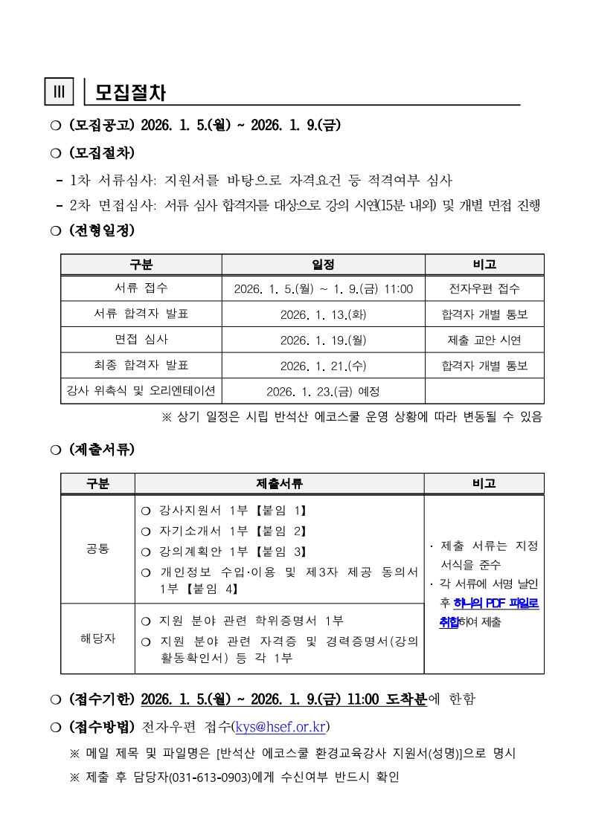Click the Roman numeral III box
59,92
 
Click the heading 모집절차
130,93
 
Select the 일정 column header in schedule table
323,265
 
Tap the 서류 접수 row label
141,288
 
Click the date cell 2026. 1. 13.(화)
323,314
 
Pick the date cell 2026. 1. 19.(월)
323,340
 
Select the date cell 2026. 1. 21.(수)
323,366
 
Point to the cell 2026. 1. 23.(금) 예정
323,391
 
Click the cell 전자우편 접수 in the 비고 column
484,288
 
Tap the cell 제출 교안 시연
484,340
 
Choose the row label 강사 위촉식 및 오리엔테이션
141,390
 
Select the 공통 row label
97,549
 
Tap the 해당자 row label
97,639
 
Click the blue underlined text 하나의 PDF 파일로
496,603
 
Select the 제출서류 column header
279,483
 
